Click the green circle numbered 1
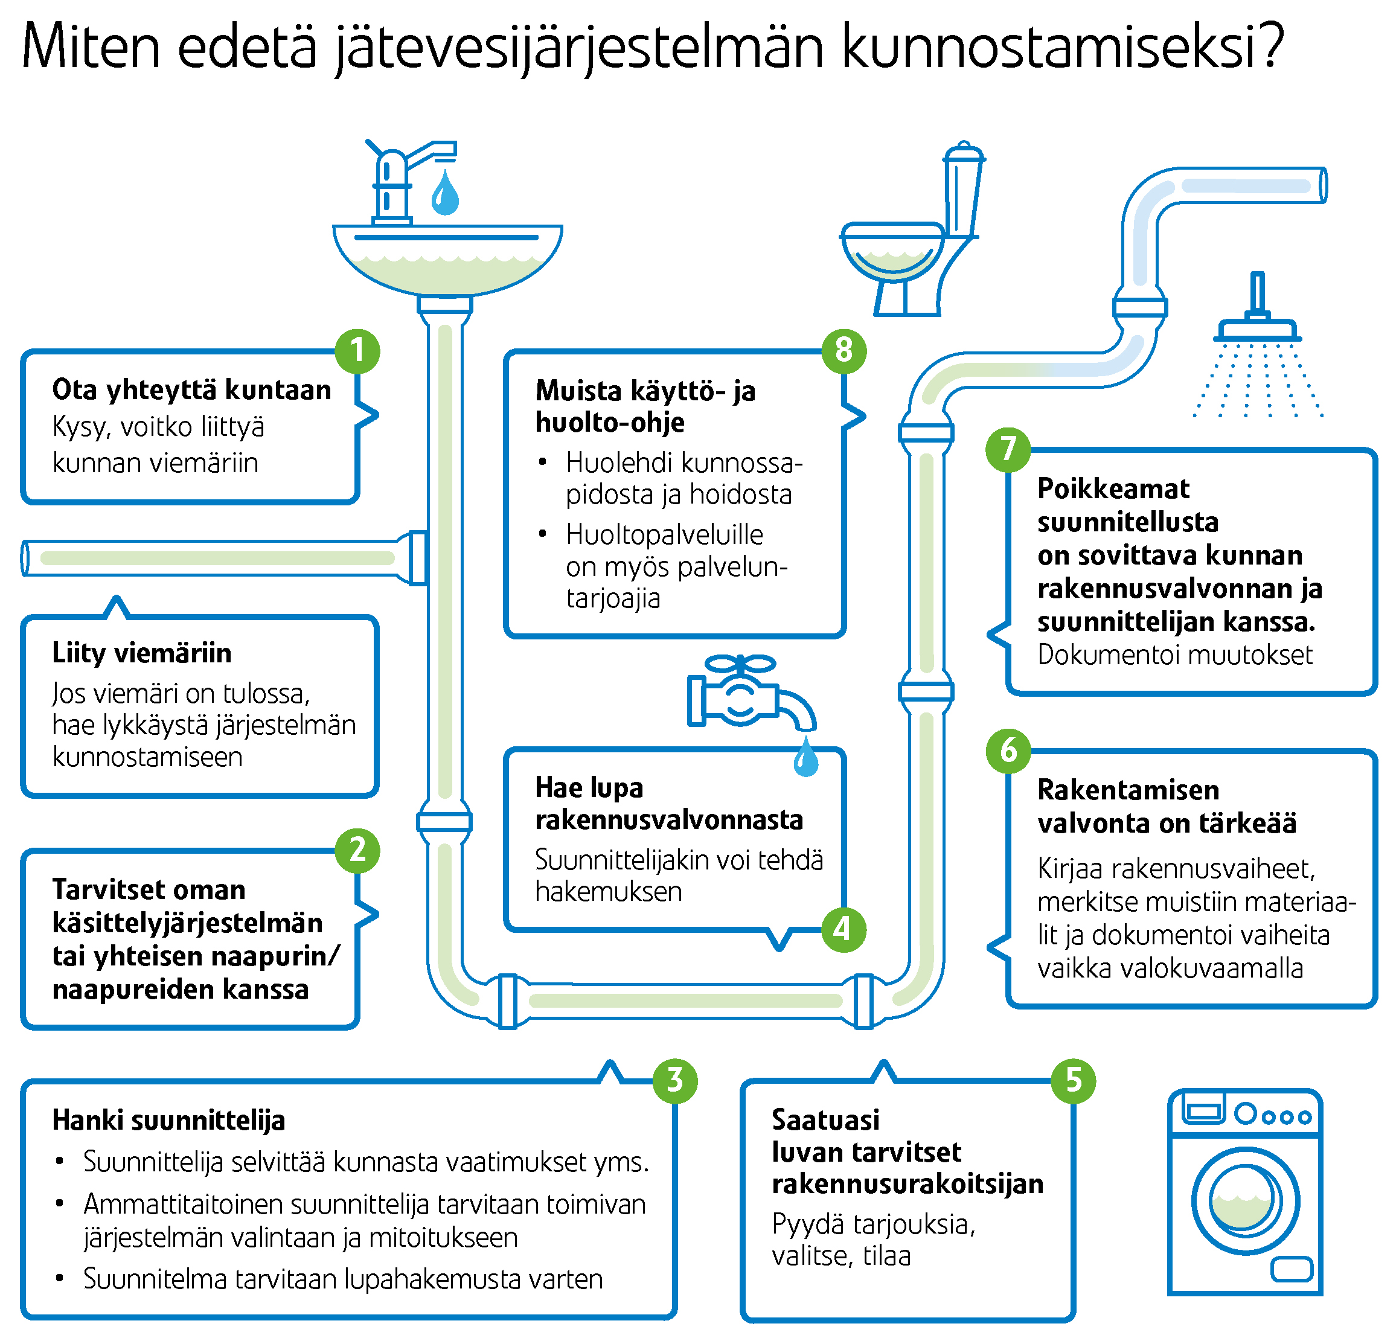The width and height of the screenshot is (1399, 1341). pyautogui.click(x=357, y=351)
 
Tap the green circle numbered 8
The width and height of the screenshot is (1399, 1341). pyautogui.click(x=844, y=350)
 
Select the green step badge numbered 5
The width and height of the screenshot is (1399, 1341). pyautogui.click(x=1074, y=1081)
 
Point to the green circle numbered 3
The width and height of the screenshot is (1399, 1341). pyautogui.click(x=675, y=1081)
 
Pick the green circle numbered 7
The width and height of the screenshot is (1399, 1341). pyautogui.click(x=1008, y=450)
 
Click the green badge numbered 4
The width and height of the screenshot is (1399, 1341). pyautogui.click(x=844, y=929)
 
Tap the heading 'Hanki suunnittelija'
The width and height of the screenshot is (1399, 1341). pyautogui.click(x=168, y=1121)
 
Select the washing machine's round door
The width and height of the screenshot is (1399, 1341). pyautogui.click(x=1246, y=1201)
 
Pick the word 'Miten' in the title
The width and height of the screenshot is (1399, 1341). pyautogui.click(x=91, y=46)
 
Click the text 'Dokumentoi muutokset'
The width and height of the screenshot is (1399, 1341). pyautogui.click(x=1175, y=655)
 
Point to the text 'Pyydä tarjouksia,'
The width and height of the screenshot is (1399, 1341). pyautogui.click(x=874, y=1224)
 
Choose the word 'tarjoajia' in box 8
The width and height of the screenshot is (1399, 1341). pyautogui.click(x=613, y=598)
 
